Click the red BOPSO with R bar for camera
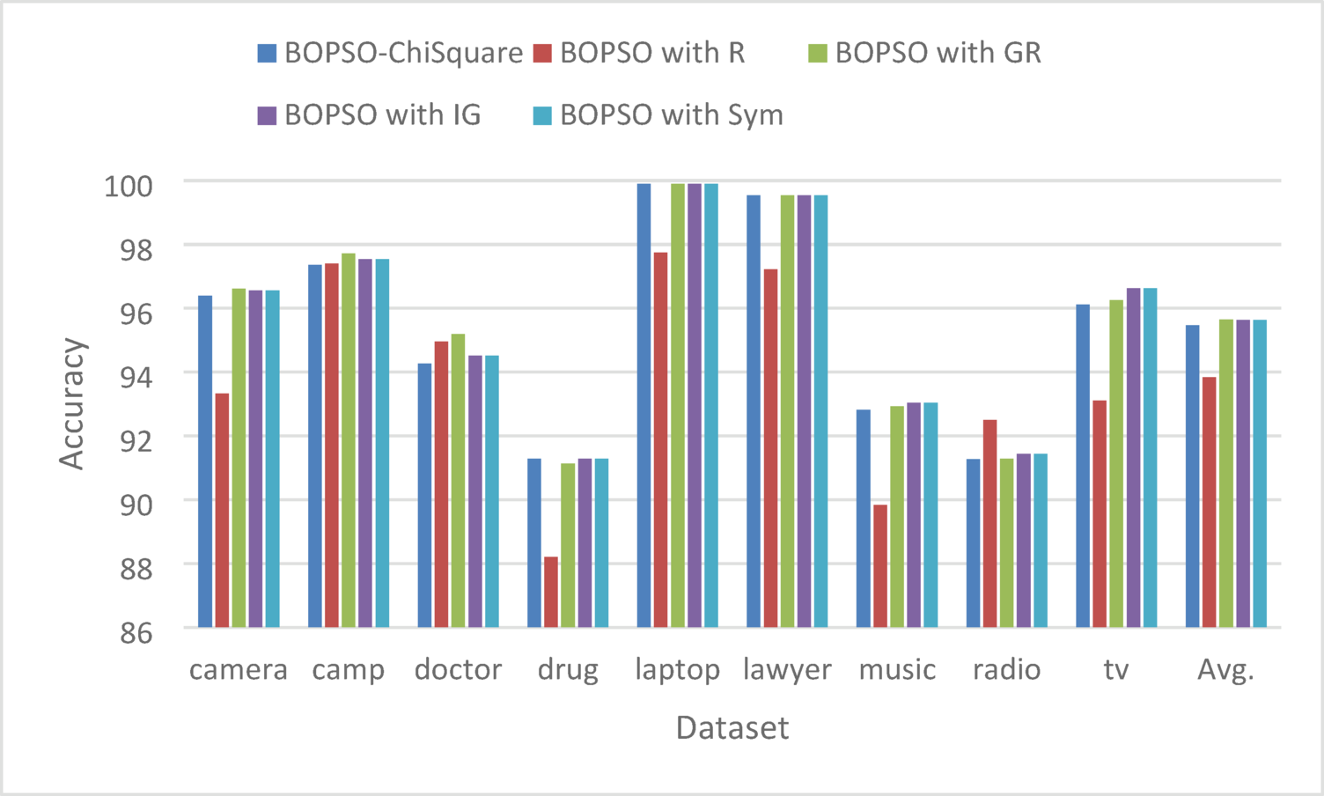coord(222,511)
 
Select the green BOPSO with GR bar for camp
coord(349,440)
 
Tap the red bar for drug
coord(551,592)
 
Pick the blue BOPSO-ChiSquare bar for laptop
coord(644,405)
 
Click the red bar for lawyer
coord(770,448)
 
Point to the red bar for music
coord(880,566)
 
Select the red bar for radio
coord(990,524)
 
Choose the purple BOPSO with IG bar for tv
coord(1133,458)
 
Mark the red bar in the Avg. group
coord(1210,502)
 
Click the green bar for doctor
coord(458,481)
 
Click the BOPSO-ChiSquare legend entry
coord(391,53)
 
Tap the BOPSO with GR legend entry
coord(924,53)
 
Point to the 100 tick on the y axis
coord(129,186)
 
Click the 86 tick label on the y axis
coord(136,633)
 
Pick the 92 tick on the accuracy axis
coord(136,440)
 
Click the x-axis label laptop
coord(677,670)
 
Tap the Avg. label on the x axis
coord(1225,670)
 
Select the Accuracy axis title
coord(72,403)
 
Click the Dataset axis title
coord(732,728)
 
